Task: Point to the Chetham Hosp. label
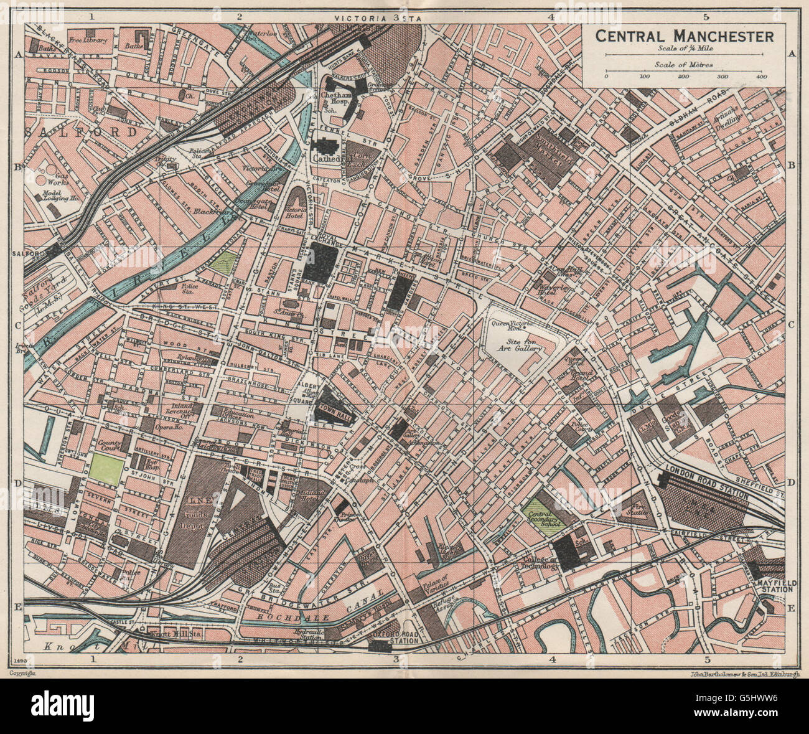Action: [x=337, y=96]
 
